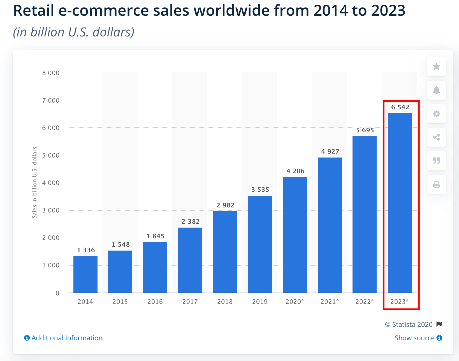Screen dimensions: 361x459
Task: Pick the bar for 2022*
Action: tap(365, 214)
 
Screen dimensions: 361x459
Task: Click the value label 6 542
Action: tap(400, 107)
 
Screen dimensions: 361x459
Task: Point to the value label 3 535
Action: tap(260, 189)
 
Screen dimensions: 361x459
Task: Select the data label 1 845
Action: tap(156, 236)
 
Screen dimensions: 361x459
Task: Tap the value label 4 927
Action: tap(330, 151)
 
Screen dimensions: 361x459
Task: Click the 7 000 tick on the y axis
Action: tap(51, 100)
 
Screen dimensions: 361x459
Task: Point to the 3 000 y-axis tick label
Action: tap(51, 210)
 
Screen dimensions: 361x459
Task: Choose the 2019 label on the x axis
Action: tap(260, 302)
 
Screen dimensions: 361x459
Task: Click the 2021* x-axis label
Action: tap(330, 302)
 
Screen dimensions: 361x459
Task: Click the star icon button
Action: tap(436, 66)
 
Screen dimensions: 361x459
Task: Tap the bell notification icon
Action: tap(436, 90)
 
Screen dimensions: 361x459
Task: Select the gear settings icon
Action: tap(436, 114)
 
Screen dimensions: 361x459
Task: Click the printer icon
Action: tap(436, 184)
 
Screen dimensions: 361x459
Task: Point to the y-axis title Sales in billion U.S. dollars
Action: tap(34, 182)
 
